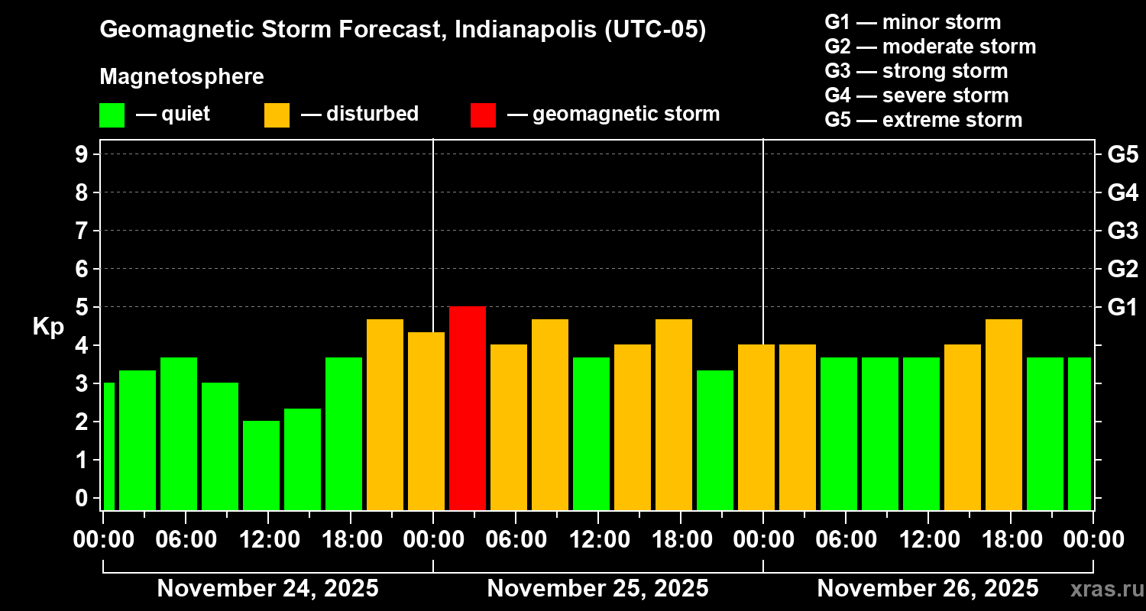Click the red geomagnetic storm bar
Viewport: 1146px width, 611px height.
click(468, 408)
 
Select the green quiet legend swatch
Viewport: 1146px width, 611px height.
click(112, 115)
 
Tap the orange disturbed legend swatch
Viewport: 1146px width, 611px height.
click(277, 115)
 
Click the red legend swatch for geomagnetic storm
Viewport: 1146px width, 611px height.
click(483, 115)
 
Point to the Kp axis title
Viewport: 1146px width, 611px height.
click(48, 326)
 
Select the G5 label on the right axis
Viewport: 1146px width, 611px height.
click(1122, 154)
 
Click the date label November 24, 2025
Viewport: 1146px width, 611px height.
click(267, 588)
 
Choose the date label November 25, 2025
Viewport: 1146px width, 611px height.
click(597, 588)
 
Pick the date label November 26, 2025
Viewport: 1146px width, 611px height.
click(927, 588)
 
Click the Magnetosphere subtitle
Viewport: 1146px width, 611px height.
click(182, 77)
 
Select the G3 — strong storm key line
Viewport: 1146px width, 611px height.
click(916, 71)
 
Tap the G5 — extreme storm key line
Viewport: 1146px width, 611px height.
click(923, 120)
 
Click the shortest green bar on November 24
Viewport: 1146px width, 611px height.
click(261, 465)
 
